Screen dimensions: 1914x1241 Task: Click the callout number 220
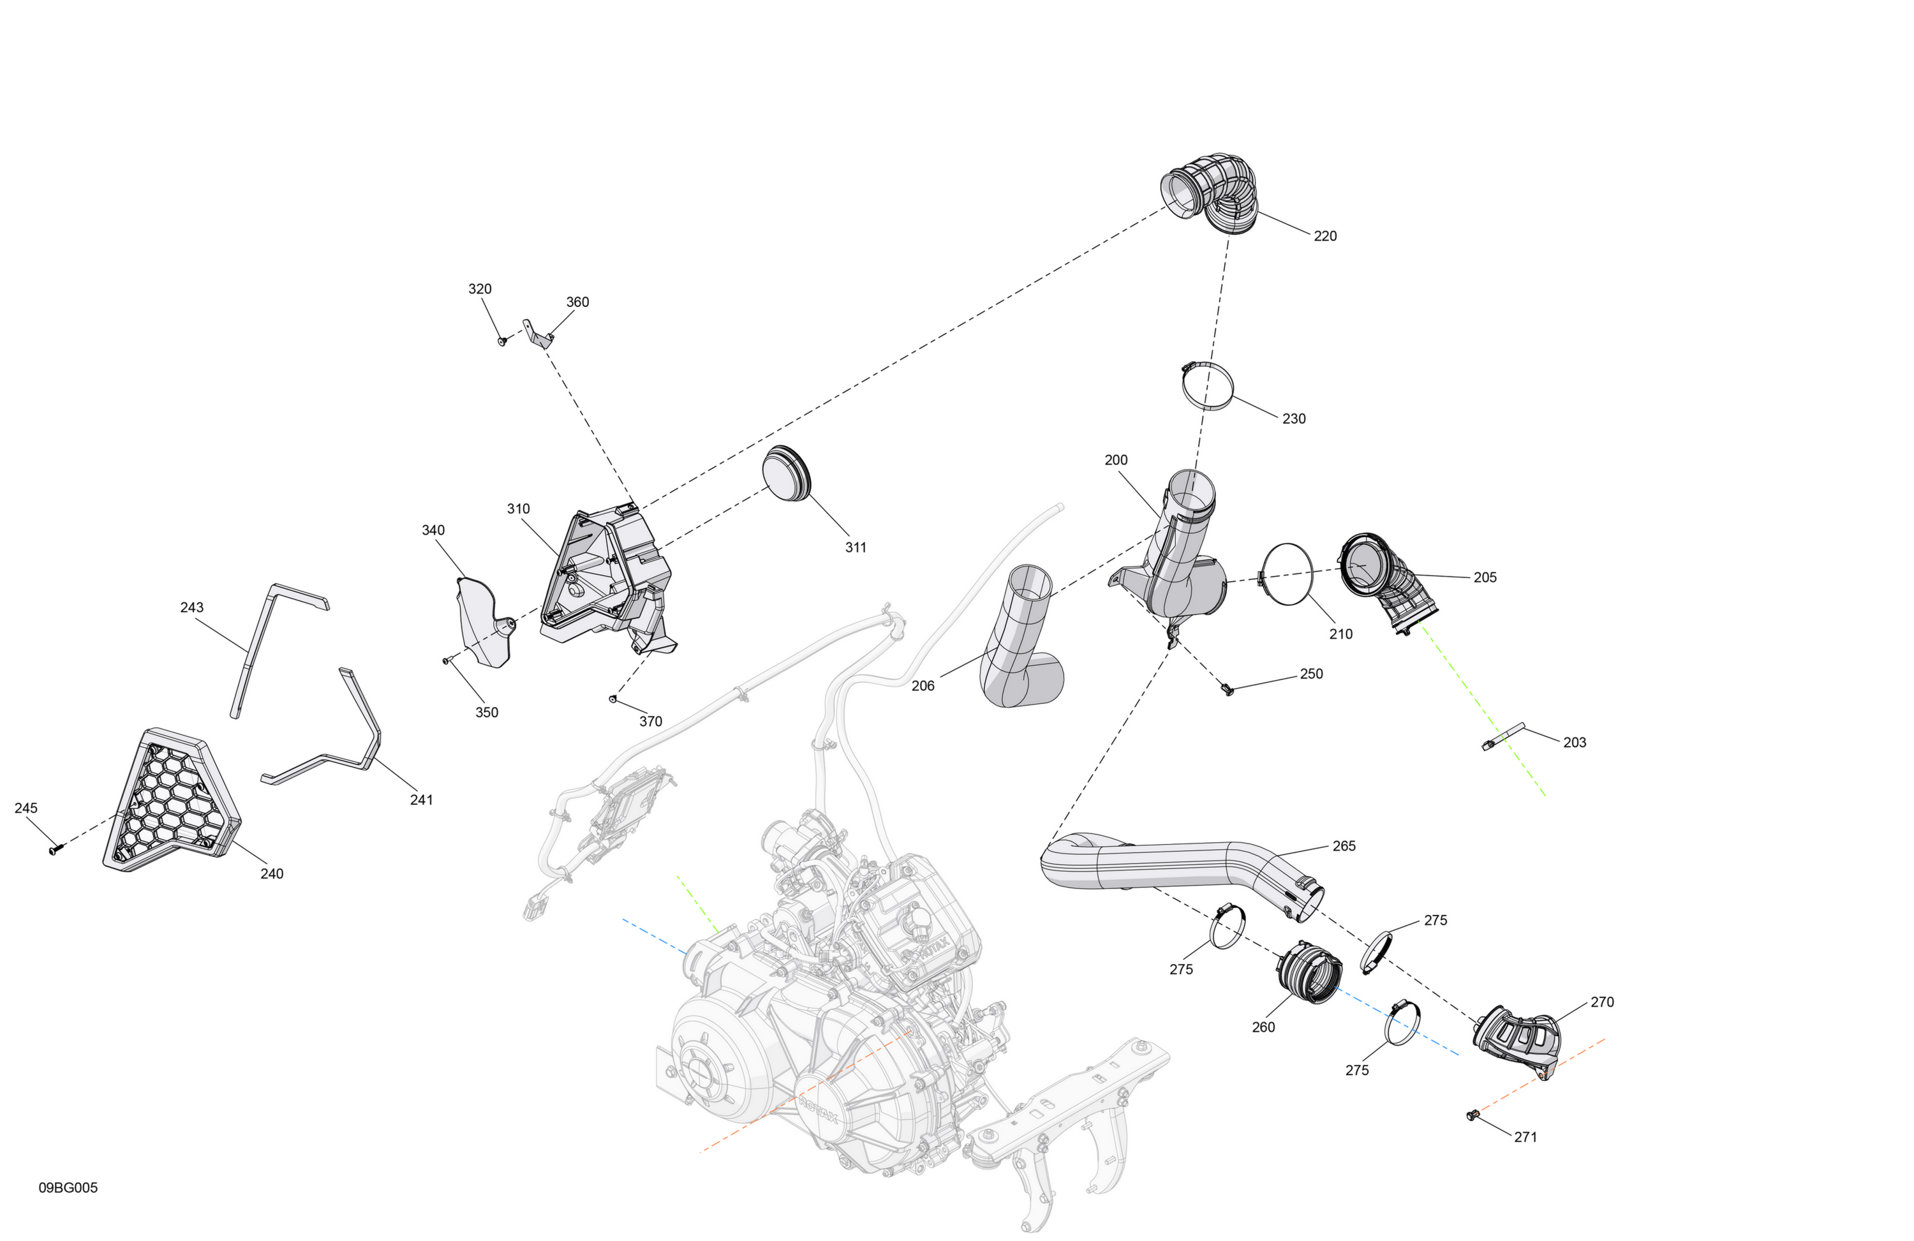tap(1324, 235)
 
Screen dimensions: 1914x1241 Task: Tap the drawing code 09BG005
tap(68, 1188)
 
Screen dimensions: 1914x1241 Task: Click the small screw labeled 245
tap(55, 849)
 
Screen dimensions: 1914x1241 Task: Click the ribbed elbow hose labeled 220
tap(1210, 193)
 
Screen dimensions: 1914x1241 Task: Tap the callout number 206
tap(923, 686)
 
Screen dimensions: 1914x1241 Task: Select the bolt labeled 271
tap(1473, 1115)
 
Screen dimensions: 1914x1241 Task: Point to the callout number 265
tap(1344, 846)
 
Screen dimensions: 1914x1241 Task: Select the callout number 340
tap(433, 530)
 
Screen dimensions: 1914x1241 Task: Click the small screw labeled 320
tap(503, 341)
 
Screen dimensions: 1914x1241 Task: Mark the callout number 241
tap(422, 799)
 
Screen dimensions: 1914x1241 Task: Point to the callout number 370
tap(651, 722)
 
